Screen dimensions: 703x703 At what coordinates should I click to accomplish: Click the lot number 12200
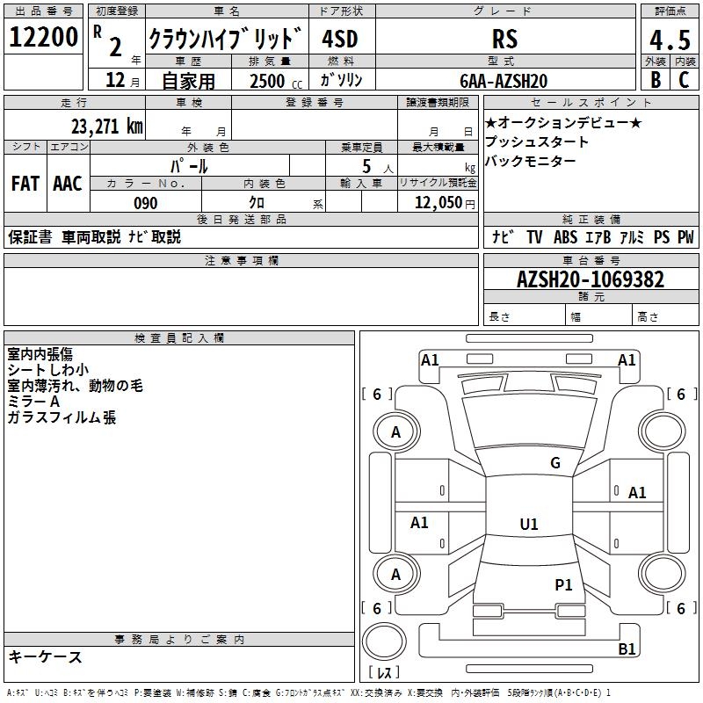tap(44, 38)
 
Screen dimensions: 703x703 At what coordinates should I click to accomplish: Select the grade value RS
tap(504, 39)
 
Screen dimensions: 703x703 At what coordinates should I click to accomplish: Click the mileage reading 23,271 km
tap(106, 126)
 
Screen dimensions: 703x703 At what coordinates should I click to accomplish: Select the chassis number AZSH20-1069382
tap(591, 279)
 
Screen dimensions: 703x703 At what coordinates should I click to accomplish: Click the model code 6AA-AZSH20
tap(504, 81)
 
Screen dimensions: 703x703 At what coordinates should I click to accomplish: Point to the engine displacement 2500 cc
tap(273, 81)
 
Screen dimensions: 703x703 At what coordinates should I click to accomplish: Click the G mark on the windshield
tap(554, 463)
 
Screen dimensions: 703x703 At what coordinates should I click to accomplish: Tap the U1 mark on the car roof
tap(528, 525)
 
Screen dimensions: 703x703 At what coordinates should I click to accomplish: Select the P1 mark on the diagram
tap(563, 584)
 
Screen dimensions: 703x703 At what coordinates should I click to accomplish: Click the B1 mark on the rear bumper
tap(627, 649)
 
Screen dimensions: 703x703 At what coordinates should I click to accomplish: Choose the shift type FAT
tap(25, 184)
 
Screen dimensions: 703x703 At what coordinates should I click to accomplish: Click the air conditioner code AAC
tap(68, 184)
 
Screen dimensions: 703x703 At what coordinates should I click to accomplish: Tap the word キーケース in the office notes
tap(45, 656)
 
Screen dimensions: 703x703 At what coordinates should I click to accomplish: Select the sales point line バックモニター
tap(531, 161)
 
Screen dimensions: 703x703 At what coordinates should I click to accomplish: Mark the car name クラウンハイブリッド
tap(226, 39)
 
